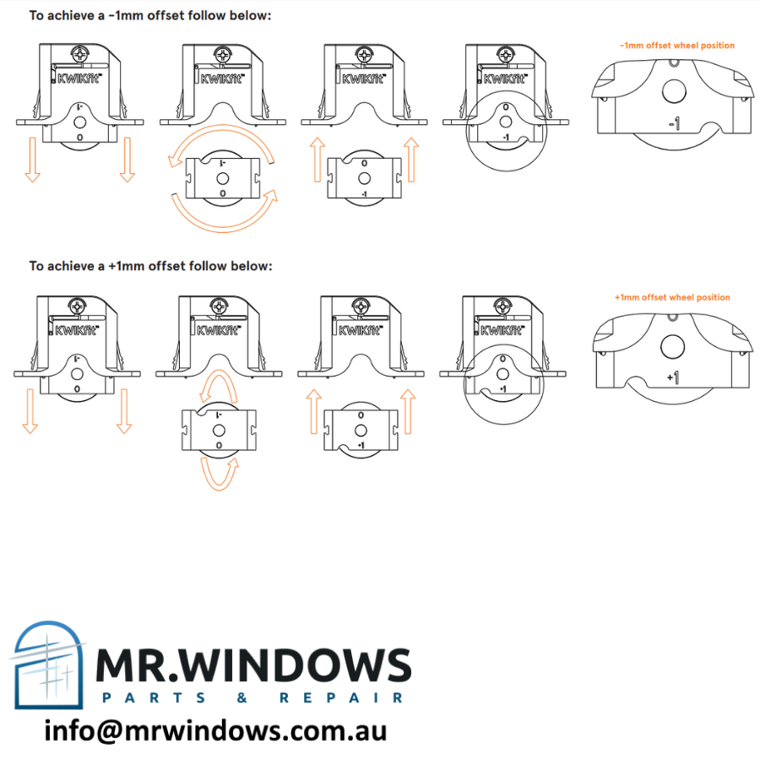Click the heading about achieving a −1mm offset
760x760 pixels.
click(x=150, y=15)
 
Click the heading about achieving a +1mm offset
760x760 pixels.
click(x=150, y=266)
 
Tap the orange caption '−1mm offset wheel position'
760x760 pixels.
click(x=676, y=46)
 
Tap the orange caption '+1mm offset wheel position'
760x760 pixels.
click(x=672, y=297)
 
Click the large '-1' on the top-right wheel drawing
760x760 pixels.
click(x=674, y=124)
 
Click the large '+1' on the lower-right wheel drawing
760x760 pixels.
click(x=672, y=377)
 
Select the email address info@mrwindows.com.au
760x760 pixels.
click(x=215, y=730)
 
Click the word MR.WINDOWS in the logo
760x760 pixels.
click(x=252, y=667)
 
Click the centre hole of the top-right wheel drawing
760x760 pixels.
click(x=675, y=90)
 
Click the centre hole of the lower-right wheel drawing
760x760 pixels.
click(x=672, y=344)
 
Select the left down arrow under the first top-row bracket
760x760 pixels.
click(x=32, y=160)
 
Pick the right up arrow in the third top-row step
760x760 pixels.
click(x=411, y=160)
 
